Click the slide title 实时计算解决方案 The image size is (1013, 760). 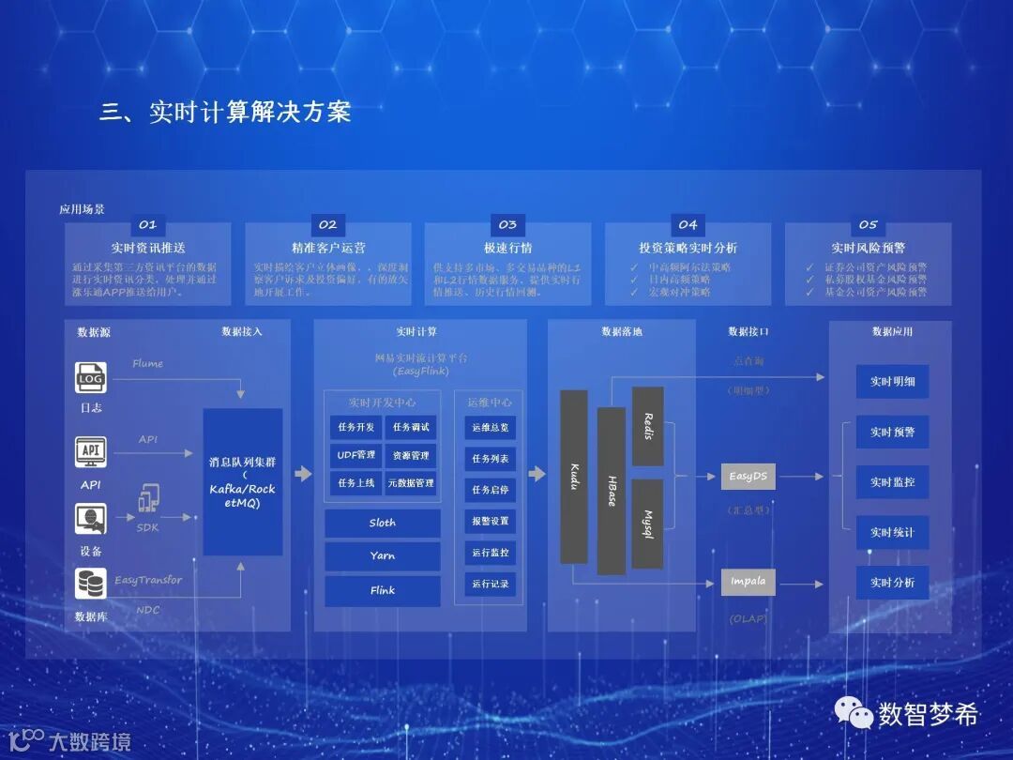tap(225, 113)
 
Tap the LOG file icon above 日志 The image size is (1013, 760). tap(91, 377)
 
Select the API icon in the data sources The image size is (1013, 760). tap(91, 451)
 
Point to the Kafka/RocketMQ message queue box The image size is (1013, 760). tap(243, 481)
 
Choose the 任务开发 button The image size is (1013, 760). tap(355, 427)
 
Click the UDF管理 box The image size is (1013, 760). tap(355, 455)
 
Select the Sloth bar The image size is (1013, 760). tap(383, 524)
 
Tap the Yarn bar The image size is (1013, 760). tap(383, 556)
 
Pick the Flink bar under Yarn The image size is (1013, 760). tap(383, 591)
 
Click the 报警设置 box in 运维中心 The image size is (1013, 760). tap(490, 521)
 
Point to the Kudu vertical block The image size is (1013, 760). tap(574, 477)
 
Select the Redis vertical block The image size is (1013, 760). tap(647, 426)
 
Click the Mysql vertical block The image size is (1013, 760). tap(647, 524)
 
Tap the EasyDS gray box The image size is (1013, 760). tap(748, 477)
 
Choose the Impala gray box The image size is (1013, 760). tap(748, 582)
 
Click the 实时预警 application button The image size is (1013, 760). tap(892, 433)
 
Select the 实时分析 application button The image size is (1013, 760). tap(892, 583)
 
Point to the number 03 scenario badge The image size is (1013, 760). tap(507, 225)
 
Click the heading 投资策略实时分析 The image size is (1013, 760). tap(688, 249)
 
